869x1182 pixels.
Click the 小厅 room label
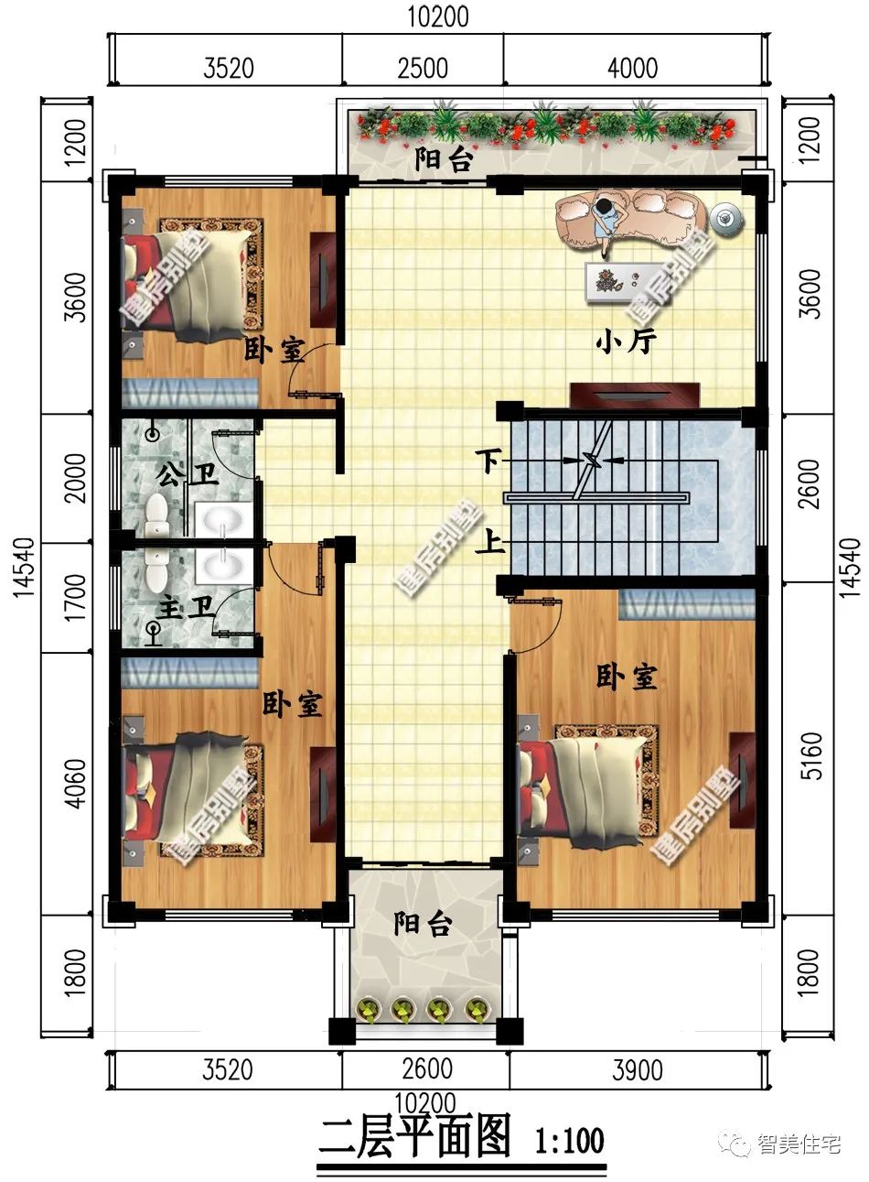(x=626, y=342)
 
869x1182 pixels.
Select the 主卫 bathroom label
(x=186, y=609)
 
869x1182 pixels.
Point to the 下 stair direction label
(x=488, y=461)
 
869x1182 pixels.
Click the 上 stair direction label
(x=490, y=542)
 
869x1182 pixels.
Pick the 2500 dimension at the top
(x=423, y=69)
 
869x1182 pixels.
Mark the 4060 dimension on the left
(x=75, y=784)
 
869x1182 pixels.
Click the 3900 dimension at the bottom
(x=637, y=1070)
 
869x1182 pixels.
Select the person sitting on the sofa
(x=607, y=223)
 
